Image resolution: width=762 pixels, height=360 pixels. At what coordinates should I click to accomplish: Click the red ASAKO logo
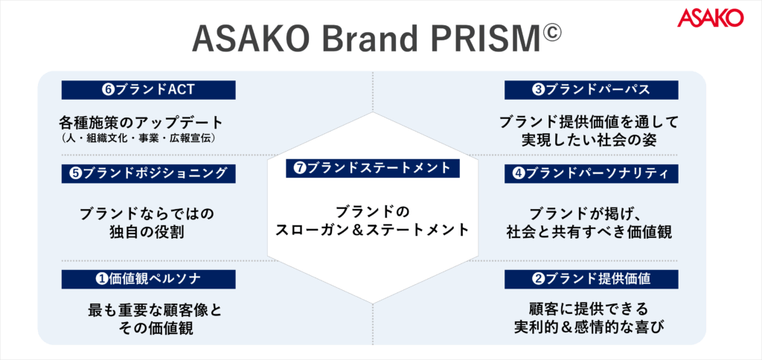711,18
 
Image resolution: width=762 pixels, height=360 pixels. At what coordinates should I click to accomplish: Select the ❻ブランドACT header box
148,90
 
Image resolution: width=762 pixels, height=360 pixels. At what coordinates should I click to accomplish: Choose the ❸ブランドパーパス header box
592,90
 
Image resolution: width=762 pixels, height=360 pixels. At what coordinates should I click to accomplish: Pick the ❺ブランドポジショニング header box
148,173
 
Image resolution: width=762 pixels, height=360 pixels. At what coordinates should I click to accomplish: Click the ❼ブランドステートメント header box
373,168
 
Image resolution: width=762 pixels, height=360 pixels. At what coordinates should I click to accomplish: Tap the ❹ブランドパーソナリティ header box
592,173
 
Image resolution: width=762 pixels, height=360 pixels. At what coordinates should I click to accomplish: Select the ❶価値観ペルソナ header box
148,279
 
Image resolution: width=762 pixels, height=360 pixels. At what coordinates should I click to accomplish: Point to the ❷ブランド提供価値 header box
592,279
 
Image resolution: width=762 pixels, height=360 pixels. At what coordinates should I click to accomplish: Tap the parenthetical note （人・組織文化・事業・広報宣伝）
139,138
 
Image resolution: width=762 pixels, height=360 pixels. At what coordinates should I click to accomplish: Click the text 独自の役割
147,232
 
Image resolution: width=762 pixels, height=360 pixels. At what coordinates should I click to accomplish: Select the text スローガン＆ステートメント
372,230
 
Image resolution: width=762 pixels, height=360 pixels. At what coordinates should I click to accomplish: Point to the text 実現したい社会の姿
589,140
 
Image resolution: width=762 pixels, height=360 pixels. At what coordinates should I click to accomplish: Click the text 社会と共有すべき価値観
589,232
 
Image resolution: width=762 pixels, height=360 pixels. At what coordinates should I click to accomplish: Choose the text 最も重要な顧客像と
155,309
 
